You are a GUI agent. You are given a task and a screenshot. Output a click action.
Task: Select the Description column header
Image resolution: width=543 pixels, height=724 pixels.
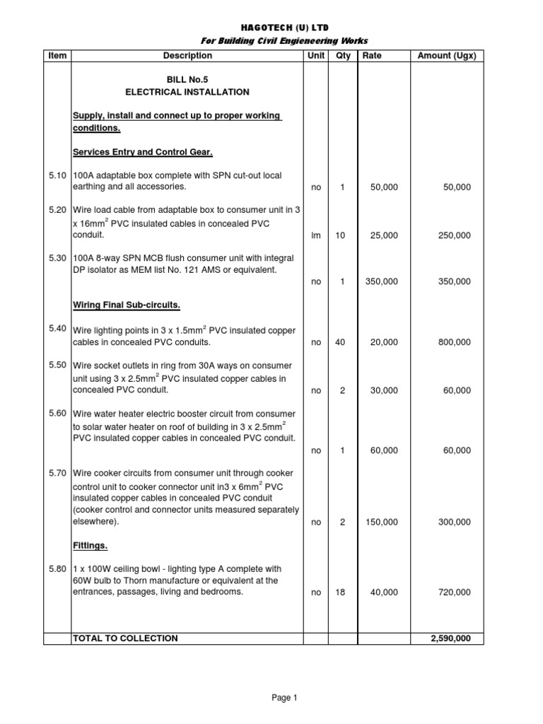coord(187,55)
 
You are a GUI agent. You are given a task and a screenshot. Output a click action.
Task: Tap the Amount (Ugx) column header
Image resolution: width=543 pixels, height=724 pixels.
coord(447,55)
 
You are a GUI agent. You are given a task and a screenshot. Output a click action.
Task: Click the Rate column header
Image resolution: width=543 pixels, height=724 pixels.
coord(372,55)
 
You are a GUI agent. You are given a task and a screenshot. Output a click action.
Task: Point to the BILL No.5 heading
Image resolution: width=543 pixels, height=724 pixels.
coord(187,79)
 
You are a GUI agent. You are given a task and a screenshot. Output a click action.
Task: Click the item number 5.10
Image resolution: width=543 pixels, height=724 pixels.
coord(58,175)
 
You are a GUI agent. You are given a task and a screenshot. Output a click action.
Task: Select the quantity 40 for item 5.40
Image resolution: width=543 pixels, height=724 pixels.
coord(340,342)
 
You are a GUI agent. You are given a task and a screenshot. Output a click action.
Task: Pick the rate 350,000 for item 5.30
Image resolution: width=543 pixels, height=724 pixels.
coord(381,281)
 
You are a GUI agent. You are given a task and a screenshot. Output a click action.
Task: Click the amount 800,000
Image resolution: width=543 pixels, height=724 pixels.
coord(453,342)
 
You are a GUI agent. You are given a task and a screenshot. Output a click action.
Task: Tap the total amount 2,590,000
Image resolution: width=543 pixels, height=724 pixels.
coord(450,638)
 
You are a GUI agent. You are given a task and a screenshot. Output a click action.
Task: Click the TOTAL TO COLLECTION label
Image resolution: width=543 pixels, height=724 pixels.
coord(126,638)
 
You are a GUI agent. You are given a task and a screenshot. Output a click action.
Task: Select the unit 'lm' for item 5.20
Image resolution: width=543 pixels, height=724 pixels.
coord(315,235)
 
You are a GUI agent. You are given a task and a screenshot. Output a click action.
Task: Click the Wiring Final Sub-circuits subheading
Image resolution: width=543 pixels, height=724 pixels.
coord(127,305)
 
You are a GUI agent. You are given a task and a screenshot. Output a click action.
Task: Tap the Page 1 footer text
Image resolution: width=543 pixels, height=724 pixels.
coord(285,698)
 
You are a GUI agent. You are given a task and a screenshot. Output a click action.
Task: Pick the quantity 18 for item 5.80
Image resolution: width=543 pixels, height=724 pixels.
coord(340,592)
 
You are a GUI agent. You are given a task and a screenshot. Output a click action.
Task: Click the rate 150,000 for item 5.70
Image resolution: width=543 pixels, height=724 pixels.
coord(381,522)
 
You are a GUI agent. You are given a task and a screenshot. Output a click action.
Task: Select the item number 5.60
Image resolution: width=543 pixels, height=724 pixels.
coord(58,413)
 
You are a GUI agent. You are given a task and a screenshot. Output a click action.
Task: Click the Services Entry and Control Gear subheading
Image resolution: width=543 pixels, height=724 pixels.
coord(143,152)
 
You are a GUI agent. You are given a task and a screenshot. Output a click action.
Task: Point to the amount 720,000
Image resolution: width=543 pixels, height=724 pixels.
coord(453,592)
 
